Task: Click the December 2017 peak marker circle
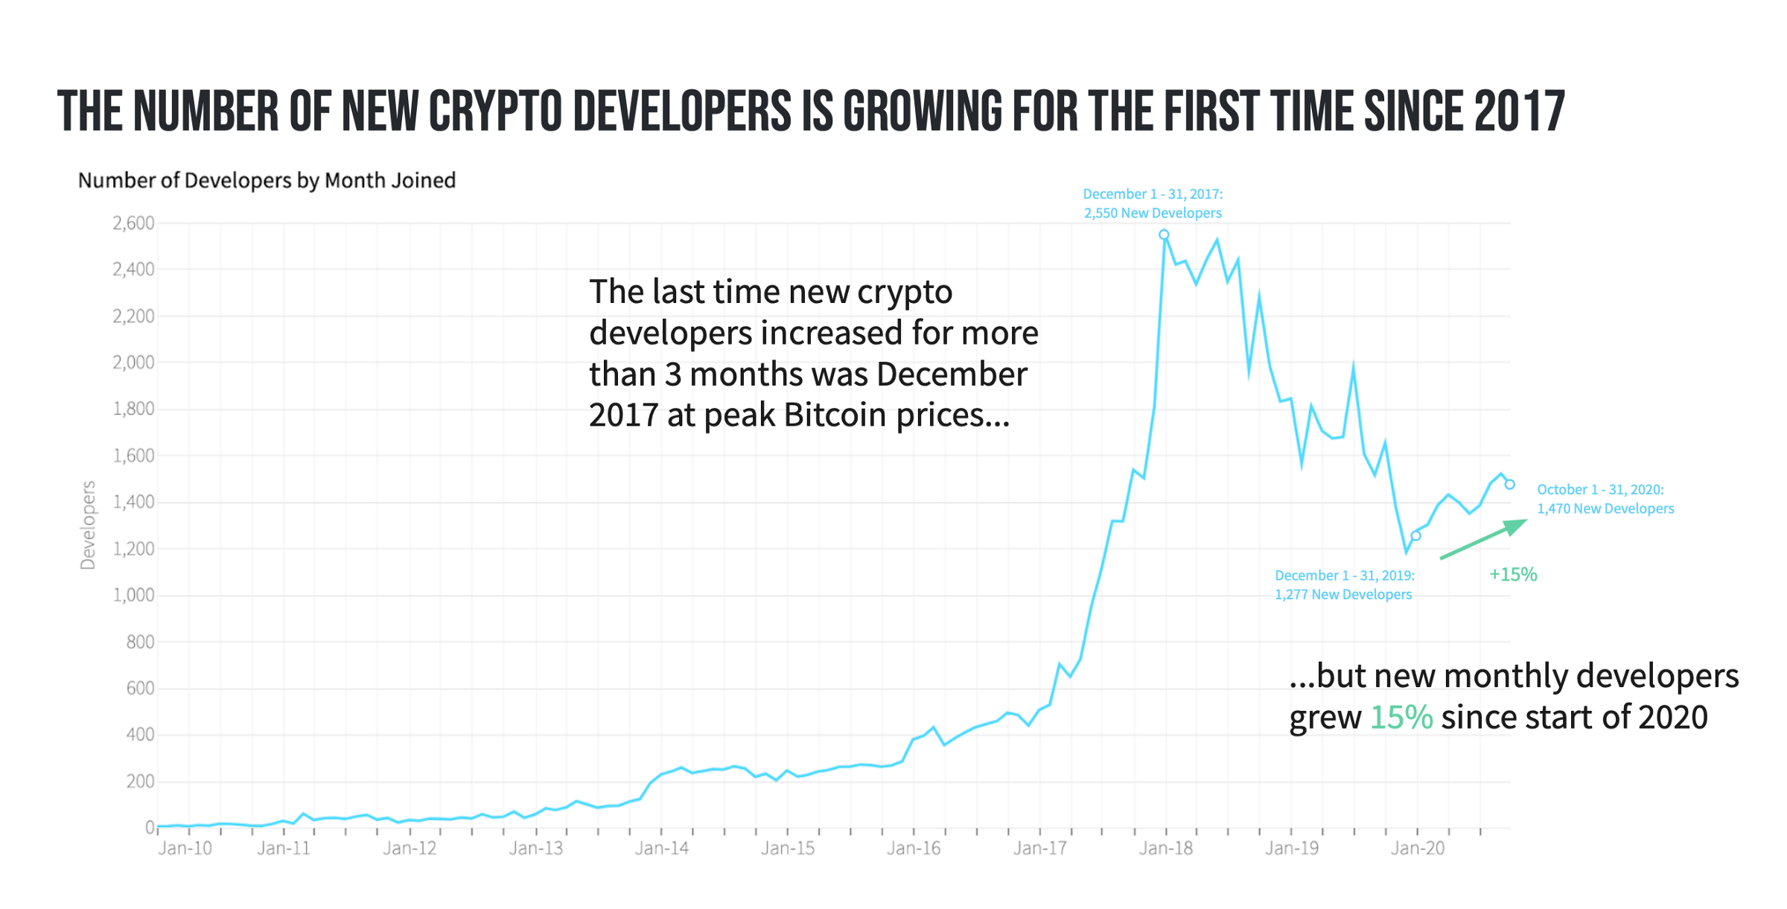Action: click(1164, 235)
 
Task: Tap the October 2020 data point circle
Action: click(1510, 485)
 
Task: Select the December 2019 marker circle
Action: click(1416, 536)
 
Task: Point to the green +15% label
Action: click(1513, 575)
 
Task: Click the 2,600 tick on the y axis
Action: click(133, 223)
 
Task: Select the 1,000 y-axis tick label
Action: click(133, 596)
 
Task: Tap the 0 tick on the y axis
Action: click(150, 827)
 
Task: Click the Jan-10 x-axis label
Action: click(185, 849)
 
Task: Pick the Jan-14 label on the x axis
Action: click(661, 849)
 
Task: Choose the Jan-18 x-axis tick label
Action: click(1165, 849)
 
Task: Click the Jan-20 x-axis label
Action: click(1418, 849)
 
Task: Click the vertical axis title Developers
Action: click(88, 526)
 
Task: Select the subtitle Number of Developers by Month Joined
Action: click(267, 181)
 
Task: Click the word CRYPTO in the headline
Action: click(495, 112)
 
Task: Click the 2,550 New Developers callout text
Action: click(1153, 214)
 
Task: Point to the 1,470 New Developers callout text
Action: click(1605, 509)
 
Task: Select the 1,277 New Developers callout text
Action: click(1343, 595)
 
